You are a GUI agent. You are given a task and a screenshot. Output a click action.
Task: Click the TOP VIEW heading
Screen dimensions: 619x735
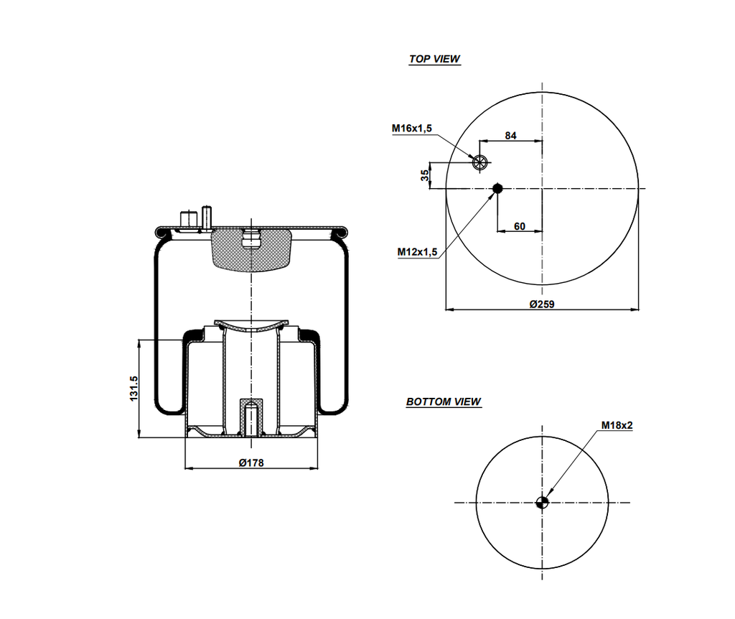434,60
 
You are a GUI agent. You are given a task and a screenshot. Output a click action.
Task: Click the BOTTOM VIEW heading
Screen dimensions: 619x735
444,402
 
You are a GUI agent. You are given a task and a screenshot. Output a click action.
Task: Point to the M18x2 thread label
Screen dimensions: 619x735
617,425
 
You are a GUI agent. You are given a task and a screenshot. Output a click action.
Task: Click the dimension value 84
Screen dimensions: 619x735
511,136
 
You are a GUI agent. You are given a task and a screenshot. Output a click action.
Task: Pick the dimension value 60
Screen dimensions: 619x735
520,226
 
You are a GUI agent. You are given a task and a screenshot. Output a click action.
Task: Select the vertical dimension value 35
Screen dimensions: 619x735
425,174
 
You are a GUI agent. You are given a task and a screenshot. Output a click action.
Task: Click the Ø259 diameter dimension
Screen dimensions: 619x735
542,304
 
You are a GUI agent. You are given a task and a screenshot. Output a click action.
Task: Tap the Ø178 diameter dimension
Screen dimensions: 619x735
251,463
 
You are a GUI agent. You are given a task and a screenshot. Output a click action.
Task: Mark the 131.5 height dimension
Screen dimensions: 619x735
134,388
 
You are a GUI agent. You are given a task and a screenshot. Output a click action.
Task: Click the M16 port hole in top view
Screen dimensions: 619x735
480,162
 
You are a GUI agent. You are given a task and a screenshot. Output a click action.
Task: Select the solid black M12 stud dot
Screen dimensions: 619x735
497,189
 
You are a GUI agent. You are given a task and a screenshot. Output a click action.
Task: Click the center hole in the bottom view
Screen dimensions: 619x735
543,503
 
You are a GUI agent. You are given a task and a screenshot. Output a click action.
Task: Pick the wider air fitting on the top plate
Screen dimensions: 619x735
189,220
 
